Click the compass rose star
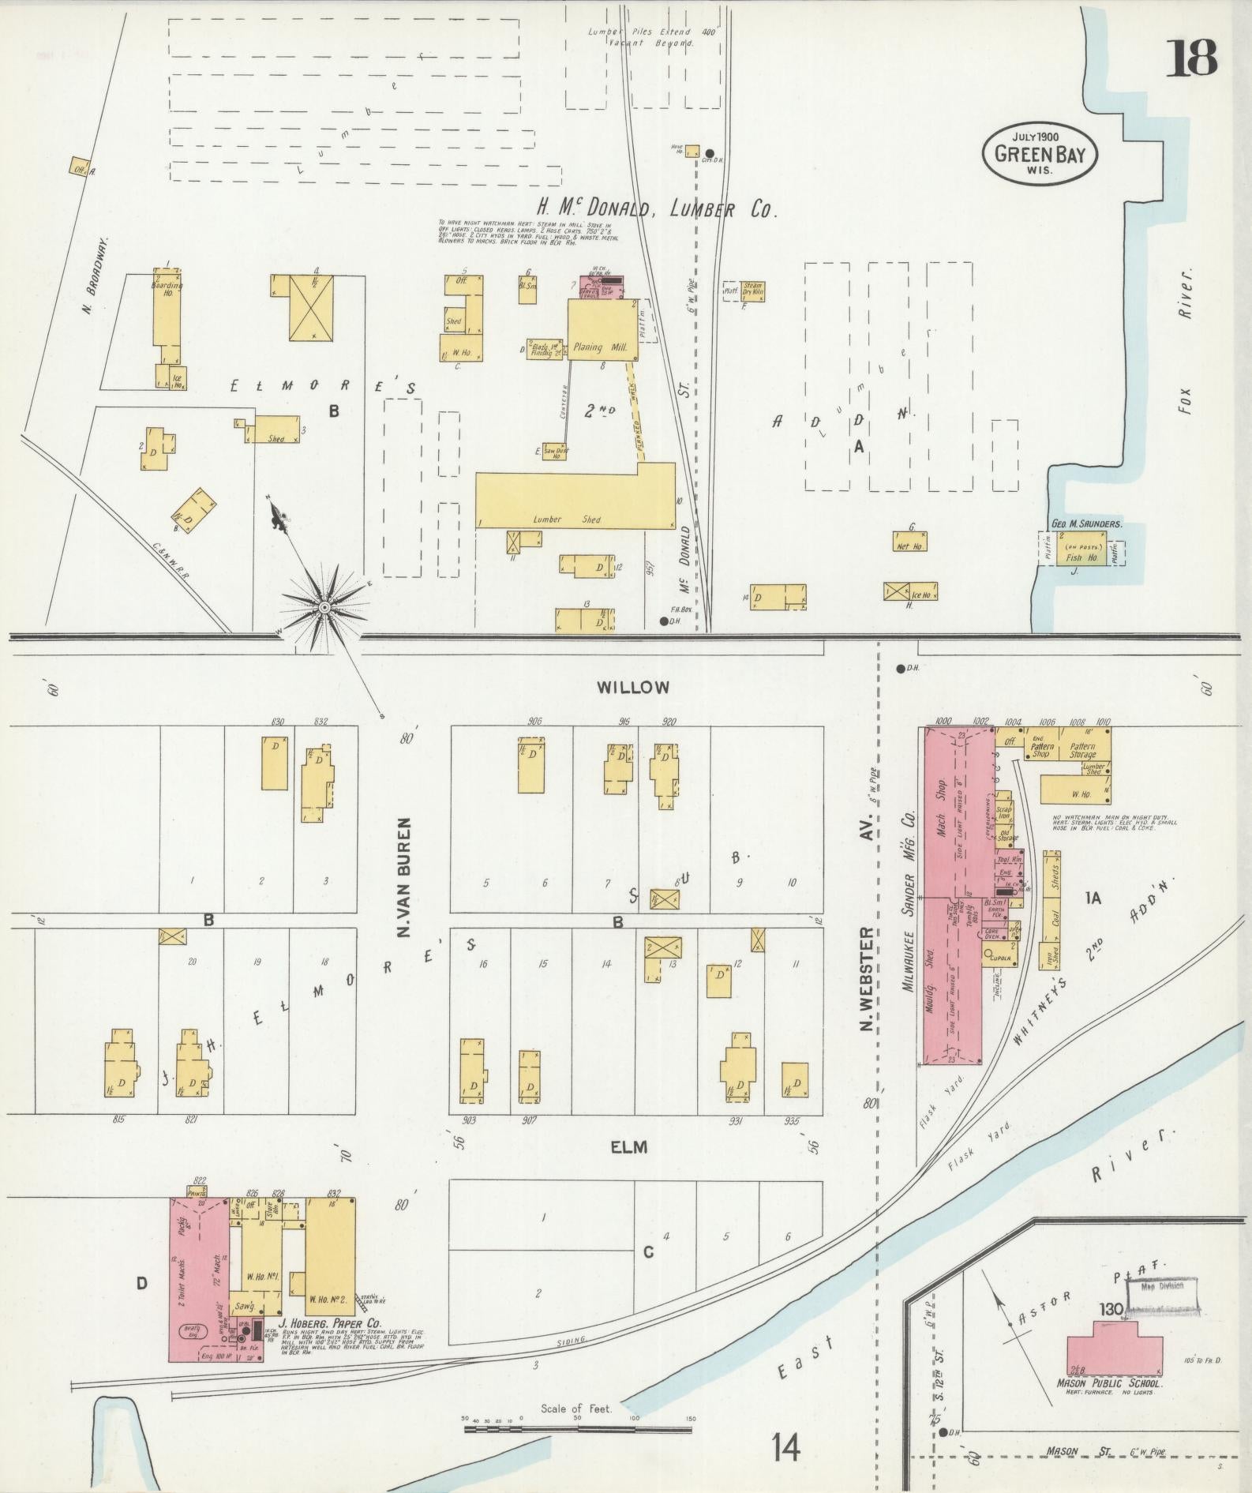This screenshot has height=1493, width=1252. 323,607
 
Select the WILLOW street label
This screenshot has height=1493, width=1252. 632,687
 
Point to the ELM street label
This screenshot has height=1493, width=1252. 629,1146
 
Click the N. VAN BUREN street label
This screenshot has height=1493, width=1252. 405,877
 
